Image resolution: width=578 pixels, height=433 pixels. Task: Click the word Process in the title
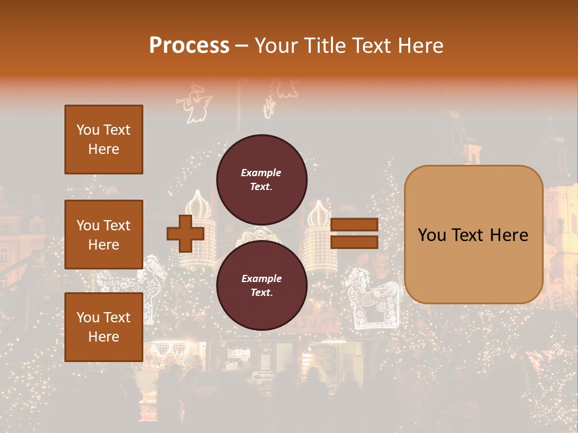click(189, 46)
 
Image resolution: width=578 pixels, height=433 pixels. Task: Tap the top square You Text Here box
click(104, 140)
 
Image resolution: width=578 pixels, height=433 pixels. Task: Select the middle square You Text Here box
click(104, 235)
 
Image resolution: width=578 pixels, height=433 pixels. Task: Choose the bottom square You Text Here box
click(104, 327)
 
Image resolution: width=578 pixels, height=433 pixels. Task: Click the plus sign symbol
click(185, 233)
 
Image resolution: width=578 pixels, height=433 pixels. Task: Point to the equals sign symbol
click(355, 233)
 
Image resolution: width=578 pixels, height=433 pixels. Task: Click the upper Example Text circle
click(261, 180)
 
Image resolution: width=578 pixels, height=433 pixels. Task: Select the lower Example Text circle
click(261, 286)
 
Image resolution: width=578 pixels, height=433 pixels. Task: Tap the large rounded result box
click(473, 235)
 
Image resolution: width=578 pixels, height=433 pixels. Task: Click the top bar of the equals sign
click(355, 225)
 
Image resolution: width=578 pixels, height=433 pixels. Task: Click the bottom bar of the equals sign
click(355, 242)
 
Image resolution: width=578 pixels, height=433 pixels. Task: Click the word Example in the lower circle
click(261, 278)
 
